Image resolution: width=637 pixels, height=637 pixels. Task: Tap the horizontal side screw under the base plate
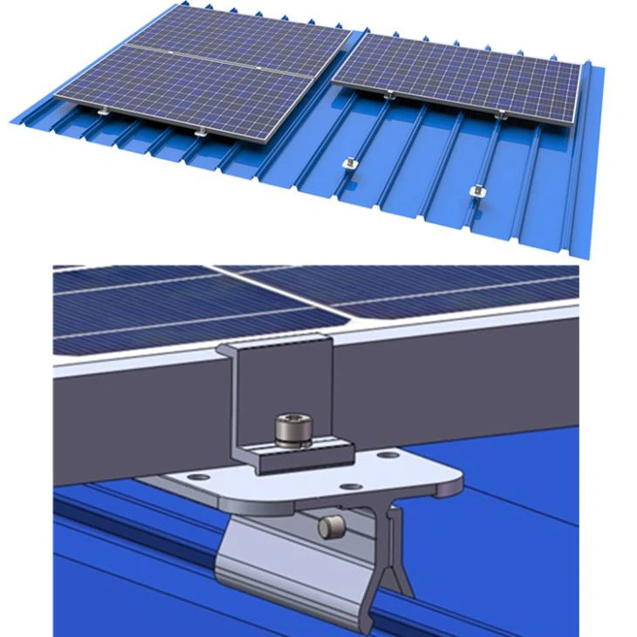click(x=329, y=527)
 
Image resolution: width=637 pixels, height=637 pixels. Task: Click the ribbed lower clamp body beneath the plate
click(x=262, y=558)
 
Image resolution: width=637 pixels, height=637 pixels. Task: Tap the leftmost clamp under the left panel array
click(x=104, y=111)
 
